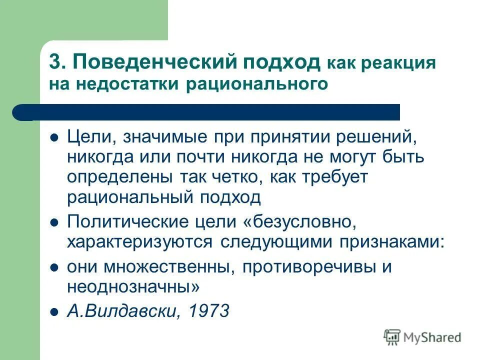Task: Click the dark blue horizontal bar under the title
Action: (206, 112)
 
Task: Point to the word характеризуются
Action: (141, 241)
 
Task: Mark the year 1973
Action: (209, 311)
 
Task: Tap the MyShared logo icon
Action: (392, 337)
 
